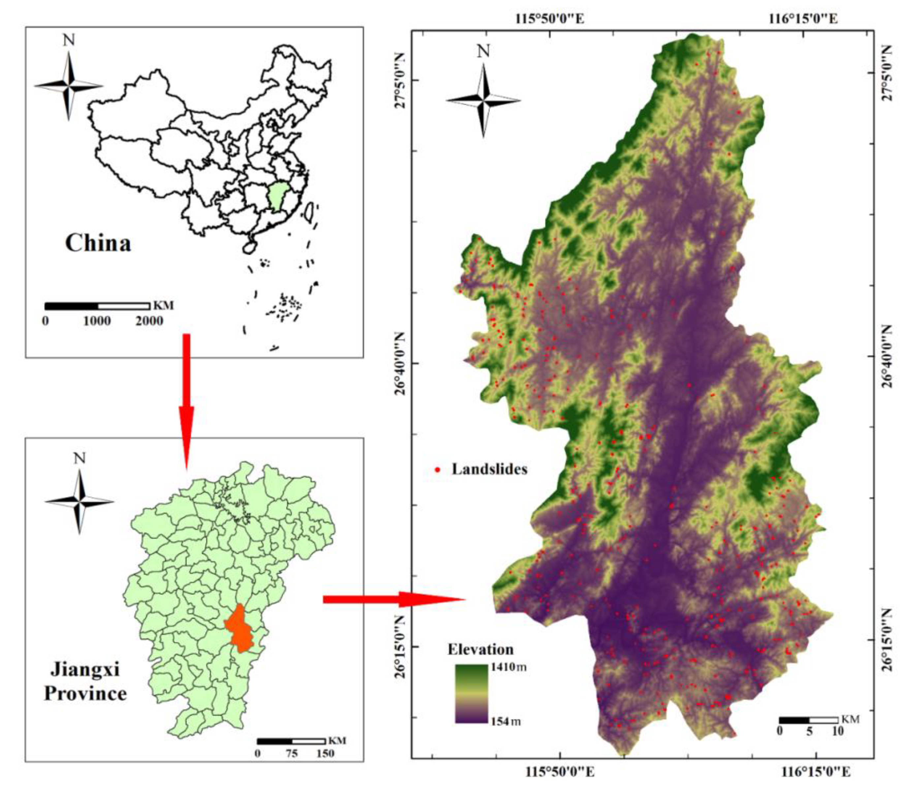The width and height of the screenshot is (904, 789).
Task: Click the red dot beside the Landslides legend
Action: coord(438,470)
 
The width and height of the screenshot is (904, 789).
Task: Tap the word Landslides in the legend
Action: coord(489,470)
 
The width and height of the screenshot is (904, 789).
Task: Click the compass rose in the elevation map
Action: coord(483,100)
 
